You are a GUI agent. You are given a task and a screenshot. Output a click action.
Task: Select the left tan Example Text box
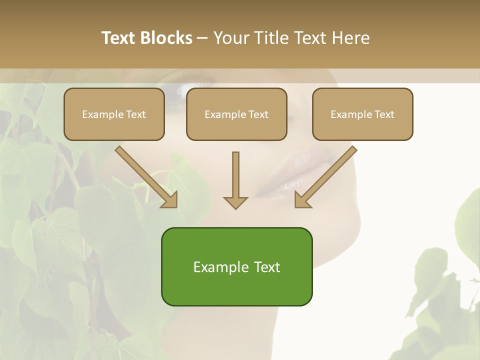pos(114,114)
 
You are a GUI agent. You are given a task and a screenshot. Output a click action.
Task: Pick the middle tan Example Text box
pos(236,114)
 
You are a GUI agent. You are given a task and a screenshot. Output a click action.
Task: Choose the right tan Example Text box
pos(362,114)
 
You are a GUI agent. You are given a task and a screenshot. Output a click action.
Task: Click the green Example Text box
pos(236,266)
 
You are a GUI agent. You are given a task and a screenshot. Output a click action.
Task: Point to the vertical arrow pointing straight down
pos(235,177)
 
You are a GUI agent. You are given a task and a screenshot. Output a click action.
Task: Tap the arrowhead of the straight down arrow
pos(235,202)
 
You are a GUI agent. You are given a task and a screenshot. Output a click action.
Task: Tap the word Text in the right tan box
pos(384,114)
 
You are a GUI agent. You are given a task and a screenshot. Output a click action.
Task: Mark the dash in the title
pos(202,38)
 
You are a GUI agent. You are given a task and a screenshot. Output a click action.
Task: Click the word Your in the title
pos(231,38)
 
